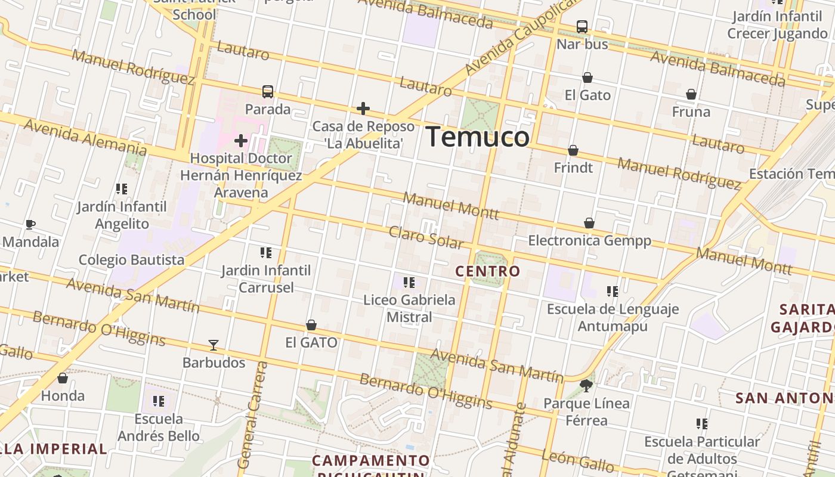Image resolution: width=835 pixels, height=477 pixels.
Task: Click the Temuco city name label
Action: (477, 137)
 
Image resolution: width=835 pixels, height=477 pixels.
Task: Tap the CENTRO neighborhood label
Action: (487, 271)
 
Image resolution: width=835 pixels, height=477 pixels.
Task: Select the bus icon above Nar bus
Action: (582, 27)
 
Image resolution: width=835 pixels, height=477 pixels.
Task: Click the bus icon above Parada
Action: (268, 92)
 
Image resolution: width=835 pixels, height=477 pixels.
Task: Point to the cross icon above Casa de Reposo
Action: (363, 109)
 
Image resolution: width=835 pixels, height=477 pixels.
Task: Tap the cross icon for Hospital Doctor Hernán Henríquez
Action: (241, 141)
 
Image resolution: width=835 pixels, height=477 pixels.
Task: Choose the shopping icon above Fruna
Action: (691, 94)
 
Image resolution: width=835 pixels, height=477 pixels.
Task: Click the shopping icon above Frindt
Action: (573, 150)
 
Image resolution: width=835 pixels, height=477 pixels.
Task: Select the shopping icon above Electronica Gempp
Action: (589, 223)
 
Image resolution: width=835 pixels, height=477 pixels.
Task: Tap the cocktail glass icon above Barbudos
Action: (214, 345)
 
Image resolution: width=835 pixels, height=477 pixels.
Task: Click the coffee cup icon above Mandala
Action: (30, 225)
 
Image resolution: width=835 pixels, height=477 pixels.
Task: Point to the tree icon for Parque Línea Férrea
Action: (586, 386)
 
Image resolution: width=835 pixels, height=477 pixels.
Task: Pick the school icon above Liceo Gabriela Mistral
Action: (409, 283)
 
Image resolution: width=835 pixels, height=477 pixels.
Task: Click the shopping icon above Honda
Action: (63, 378)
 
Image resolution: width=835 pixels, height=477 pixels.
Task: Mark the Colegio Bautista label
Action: (132, 260)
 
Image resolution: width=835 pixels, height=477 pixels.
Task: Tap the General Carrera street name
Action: (252, 414)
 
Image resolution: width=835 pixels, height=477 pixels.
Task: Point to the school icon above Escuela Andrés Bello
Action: (159, 401)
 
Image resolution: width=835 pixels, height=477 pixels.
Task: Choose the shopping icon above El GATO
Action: (311, 325)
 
